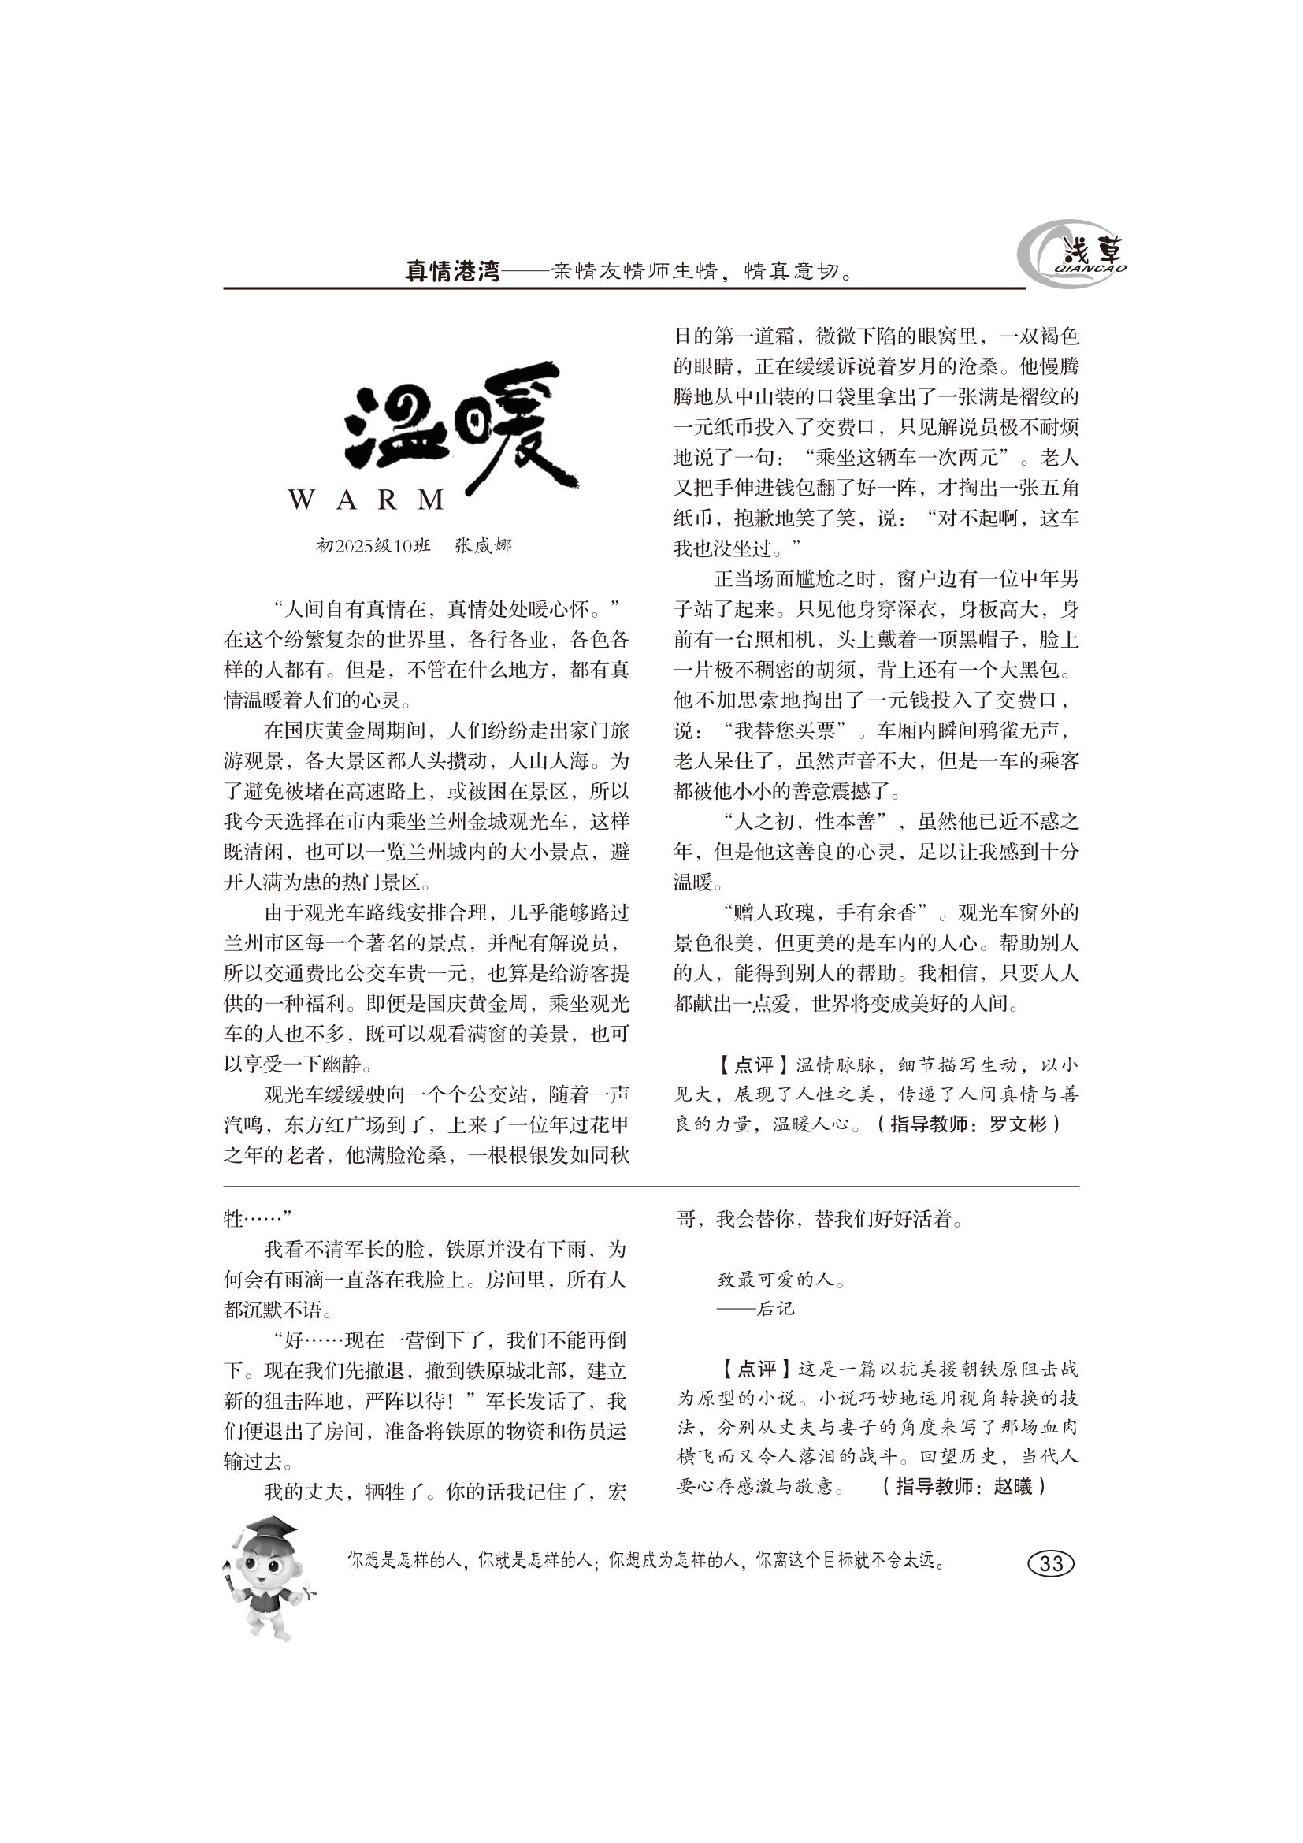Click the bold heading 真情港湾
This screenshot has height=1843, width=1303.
point(452,271)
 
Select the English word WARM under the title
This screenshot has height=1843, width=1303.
point(366,500)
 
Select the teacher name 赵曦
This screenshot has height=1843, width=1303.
point(1013,1486)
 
